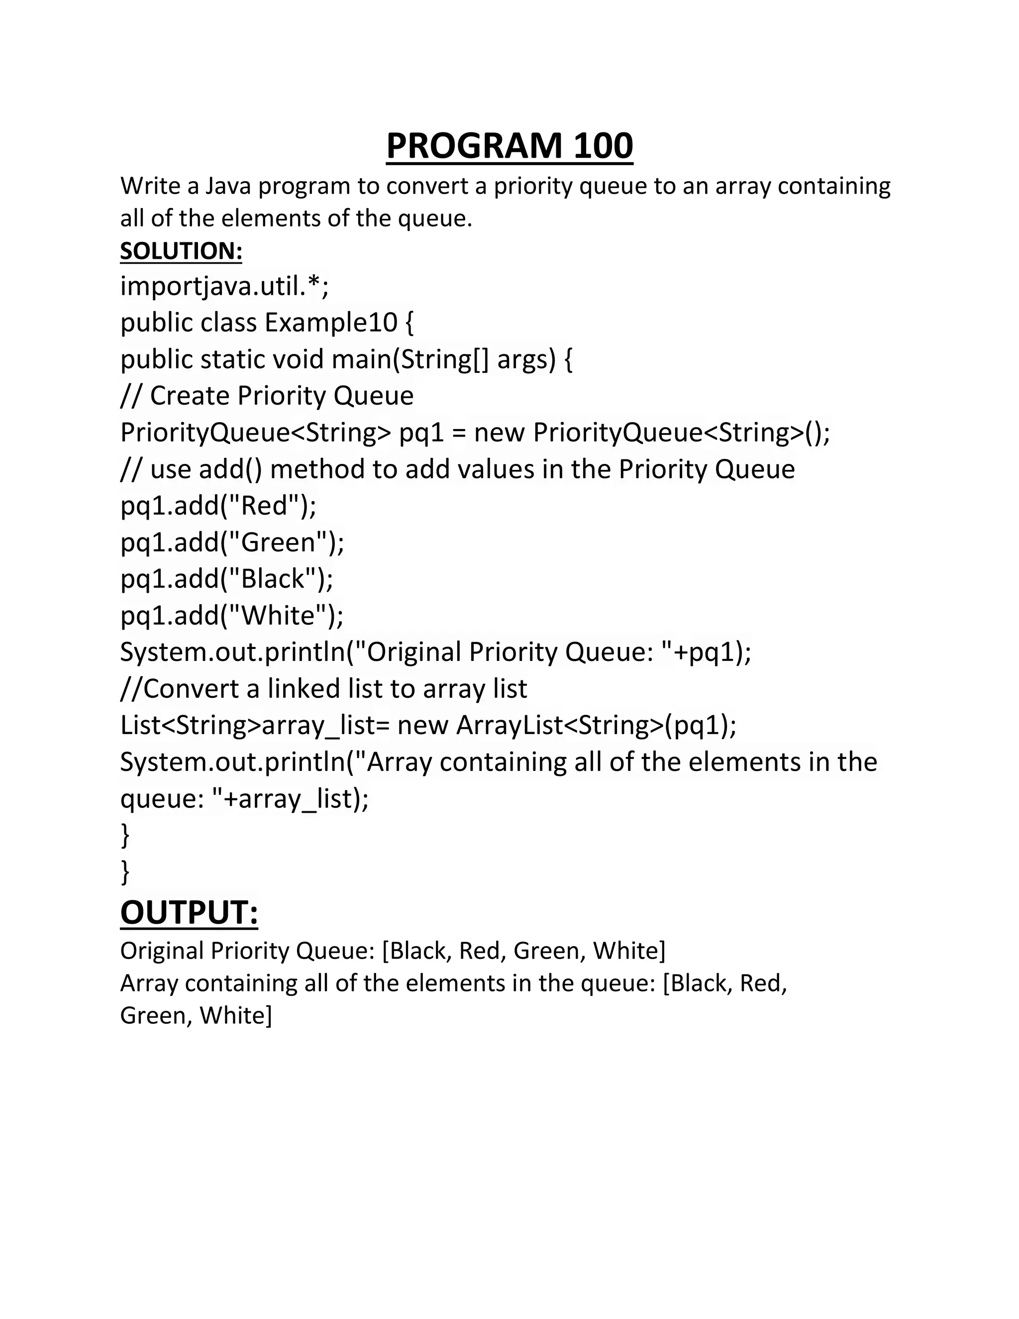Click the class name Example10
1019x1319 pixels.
[x=331, y=323]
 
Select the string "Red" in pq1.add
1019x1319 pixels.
[x=266, y=506]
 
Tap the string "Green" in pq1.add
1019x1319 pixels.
[x=279, y=543]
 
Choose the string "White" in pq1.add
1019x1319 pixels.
[x=279, y=615]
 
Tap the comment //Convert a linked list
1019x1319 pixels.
[x=323, y=688]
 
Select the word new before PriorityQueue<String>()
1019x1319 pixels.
[x=499, y=433]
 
